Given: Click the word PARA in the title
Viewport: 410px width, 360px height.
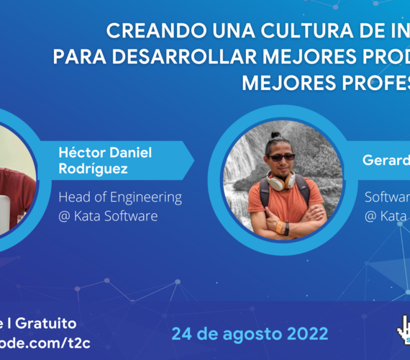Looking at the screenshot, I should [x=75, y=58].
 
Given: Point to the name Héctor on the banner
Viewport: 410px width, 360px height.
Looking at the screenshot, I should [x=83, y=153].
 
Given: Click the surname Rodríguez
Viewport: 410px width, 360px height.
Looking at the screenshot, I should [x=92, y=168].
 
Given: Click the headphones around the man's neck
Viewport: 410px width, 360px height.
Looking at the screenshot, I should [x=283, y=179].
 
